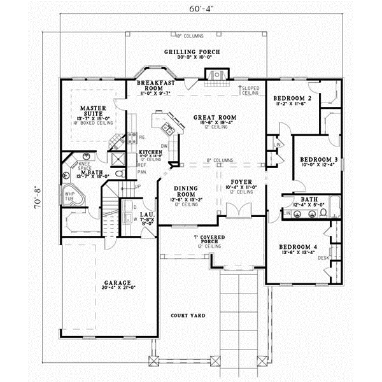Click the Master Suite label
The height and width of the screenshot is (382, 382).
(x=89, y=113)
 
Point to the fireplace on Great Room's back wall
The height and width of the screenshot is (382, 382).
(x=215, y=76)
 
